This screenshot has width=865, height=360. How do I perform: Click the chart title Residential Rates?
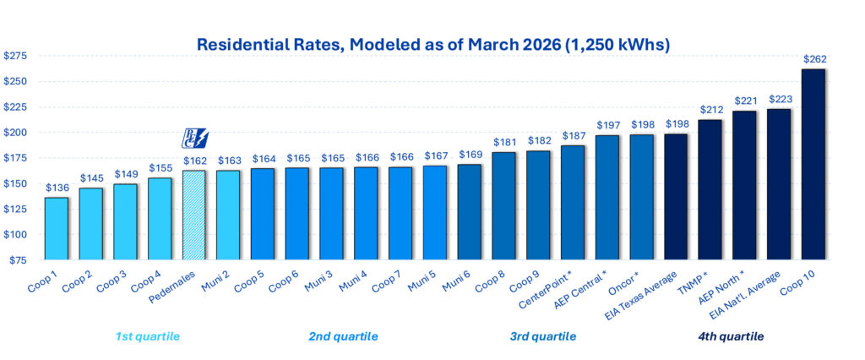[x=432, y=44]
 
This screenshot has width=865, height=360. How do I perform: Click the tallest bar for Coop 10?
[x=813, y=165]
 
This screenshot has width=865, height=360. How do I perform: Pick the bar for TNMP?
[x=710, y=190]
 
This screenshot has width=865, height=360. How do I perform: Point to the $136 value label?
[x=57, y=188]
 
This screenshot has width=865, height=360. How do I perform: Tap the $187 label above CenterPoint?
[x=573, y=135]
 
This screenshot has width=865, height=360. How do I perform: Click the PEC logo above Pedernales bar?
[x=195, y=139]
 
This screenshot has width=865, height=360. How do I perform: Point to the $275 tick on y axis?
[x=16, y=56]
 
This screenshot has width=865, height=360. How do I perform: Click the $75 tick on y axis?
[x=18, y=260]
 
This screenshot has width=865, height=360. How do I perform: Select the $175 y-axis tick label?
[x=16, y=158]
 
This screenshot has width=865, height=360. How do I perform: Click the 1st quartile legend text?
[x=148, y=336]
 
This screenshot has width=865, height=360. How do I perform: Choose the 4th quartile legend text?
[x=731, y=336]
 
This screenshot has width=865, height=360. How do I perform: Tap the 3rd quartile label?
[x=543, y=336]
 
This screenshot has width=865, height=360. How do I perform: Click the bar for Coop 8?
[x=503, y=205]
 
